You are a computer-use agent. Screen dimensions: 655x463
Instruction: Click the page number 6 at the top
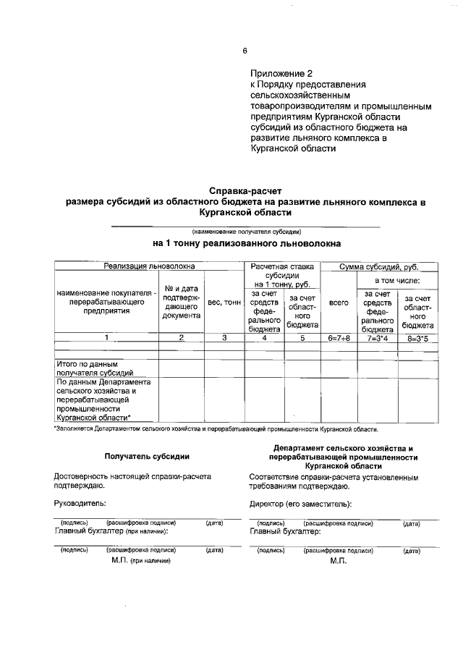pyautogui.click(x=245, y=51)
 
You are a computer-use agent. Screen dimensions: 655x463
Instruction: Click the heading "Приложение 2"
pyautogui.click(x=282, y=74)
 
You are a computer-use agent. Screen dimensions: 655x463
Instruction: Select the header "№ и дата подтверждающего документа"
pyautogui.click(x=182, y=301)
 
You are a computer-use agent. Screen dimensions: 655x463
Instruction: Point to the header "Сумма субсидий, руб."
pyautogui.click(x=379, y=267)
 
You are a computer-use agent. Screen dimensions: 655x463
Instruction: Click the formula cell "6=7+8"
pyautogui.click(x=339, y=338)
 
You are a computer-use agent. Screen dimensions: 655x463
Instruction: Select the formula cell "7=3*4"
pyautogui.click(x=378, y=338)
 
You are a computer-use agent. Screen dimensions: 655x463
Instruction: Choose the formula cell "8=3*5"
pyautogui.click(x=418, y=338)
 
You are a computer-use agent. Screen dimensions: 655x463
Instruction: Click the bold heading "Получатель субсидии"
pyautogui.click(x=148, y=457)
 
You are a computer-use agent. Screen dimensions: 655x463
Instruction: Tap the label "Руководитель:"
pyautogui.click(x=80, y=502)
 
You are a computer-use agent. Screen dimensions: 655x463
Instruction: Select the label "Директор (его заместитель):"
pyautogui.click(x=300, y=502)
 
